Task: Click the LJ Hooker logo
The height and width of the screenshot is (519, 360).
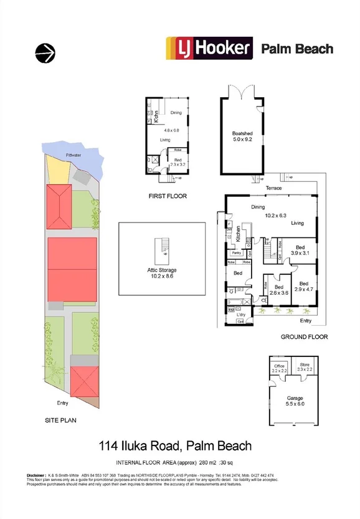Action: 209,48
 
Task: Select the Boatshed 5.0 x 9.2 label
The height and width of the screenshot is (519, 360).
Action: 243,137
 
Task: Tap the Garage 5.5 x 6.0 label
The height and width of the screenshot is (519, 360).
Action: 295,401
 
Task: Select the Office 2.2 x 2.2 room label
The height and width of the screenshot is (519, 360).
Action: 279,368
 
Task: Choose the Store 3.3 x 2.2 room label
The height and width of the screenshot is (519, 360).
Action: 305,368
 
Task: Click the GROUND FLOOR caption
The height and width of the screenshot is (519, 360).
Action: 303,337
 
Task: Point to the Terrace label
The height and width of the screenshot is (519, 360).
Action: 273,188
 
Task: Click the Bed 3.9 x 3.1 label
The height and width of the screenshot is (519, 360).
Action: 300,249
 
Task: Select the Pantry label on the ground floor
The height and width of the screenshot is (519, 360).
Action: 237,253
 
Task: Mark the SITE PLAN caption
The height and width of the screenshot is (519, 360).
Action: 60,420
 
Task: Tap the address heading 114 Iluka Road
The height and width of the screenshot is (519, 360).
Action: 176,445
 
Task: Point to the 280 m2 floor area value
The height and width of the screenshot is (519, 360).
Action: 206,463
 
